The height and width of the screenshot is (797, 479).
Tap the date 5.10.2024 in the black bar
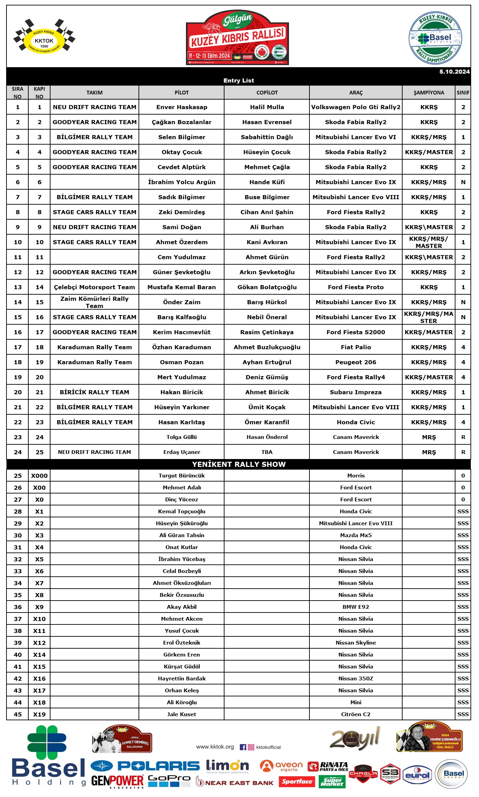click(x=454, y=72)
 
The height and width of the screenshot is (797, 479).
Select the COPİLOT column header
click(x=267, y=93)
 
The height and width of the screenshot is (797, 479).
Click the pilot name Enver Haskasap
click(x=182, y=107)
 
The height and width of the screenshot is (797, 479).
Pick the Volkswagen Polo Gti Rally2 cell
click(x=355, y=107)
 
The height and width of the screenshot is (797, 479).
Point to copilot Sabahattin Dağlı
click(x=267, y=137)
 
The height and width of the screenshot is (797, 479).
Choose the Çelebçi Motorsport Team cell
click(x=94, y=287)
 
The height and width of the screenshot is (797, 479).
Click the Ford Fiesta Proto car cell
click(x=355, y=287)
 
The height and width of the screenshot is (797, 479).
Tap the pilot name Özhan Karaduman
click(x=182, y=347)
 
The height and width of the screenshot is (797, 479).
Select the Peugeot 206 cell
click(x=355, y=362)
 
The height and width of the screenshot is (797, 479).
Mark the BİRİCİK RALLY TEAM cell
click(x=94, y=392)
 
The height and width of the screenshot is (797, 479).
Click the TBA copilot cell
click(x=267, y=452)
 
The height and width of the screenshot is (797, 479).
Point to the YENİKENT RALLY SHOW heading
click(x=239, y=464)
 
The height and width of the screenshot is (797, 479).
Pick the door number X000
click(x=39, y=476)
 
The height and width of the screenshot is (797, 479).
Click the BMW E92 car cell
click(x=355, y=607)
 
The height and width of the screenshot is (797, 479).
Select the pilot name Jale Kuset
click(x=182, y=714)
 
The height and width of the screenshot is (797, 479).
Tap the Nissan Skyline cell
click(x=355, y=643)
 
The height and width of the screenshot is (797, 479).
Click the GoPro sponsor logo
click(x=169, y=781)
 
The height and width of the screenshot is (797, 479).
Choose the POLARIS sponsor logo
click(x=145, y=766)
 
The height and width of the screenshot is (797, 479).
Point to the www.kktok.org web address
click(x=215, y=747)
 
